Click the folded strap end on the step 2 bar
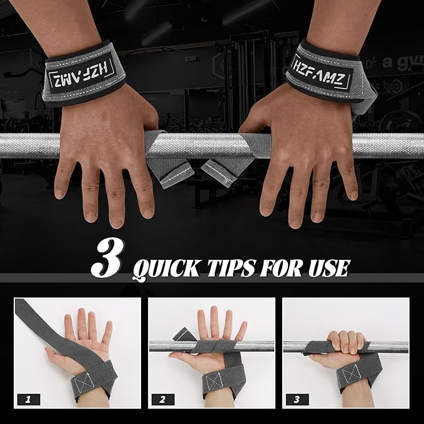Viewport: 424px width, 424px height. (183, 334)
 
